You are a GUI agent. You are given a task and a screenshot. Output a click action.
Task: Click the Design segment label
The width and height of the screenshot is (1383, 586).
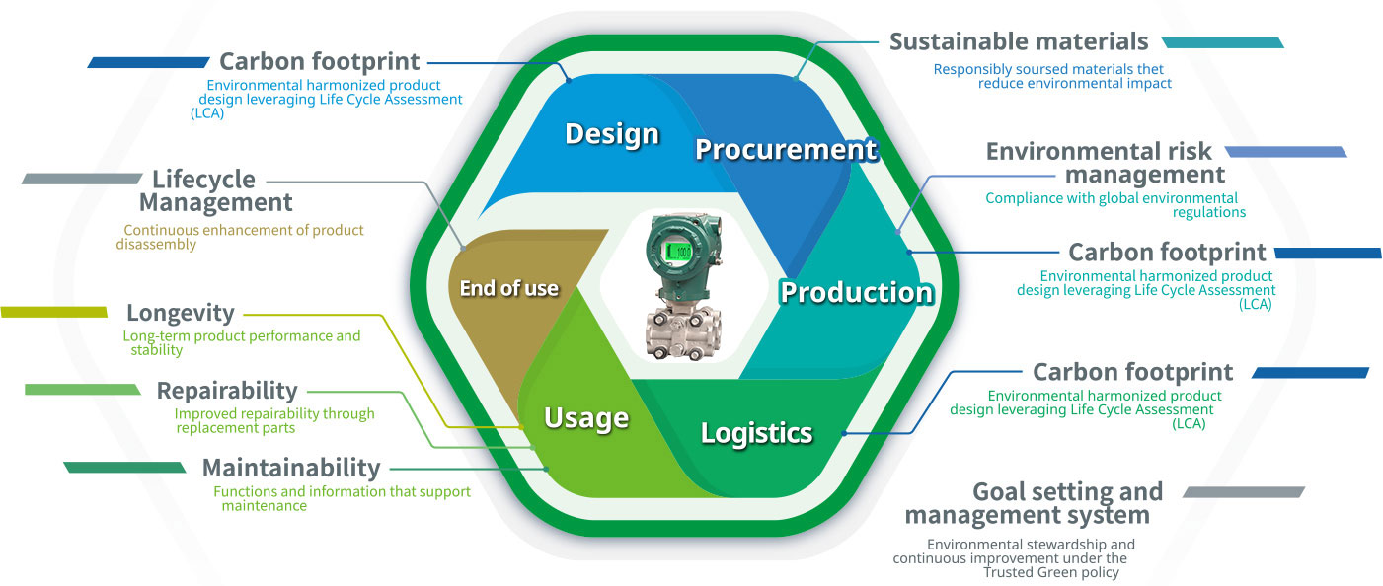click(611, 134)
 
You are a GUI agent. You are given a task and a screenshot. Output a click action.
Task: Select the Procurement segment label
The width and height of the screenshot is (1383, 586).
click(786, 149)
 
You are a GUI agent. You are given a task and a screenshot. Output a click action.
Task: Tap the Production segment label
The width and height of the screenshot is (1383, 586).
click(856, 292)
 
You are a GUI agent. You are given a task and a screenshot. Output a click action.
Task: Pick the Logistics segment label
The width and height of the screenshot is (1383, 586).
click(756, 432)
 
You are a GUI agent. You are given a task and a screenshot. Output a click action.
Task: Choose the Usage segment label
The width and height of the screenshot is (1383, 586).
click(586, 417)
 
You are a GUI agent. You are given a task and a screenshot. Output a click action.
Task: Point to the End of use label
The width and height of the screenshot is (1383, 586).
click(509, 289)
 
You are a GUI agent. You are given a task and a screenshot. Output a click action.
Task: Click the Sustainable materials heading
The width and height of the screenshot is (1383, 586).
click(1019, 41)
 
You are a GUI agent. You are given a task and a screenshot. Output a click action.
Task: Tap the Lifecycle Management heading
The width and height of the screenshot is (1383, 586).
click(215, 191)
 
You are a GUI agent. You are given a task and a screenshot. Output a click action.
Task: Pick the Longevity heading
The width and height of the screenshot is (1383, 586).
click(181, 313)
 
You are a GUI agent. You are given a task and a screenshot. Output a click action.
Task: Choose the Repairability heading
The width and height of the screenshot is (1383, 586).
click(227, 391)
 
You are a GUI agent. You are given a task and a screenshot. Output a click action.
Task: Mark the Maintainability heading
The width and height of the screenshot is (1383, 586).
click(291, 467)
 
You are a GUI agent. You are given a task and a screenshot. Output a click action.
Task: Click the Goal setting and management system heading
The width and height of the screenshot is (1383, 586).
click(1034, 503)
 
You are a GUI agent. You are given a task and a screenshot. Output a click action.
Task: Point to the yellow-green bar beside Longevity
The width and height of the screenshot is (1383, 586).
click(54, 313)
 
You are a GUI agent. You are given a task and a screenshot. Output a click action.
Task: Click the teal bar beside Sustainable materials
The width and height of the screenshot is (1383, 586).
click(1222, 42)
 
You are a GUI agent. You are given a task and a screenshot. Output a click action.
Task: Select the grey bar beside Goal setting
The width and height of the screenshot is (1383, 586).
click(1244, 491)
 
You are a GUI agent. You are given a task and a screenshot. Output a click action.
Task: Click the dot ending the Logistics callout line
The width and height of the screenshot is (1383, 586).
click(844, 433)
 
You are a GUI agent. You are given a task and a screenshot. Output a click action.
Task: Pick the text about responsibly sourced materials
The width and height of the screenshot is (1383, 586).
click(1051, 76)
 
